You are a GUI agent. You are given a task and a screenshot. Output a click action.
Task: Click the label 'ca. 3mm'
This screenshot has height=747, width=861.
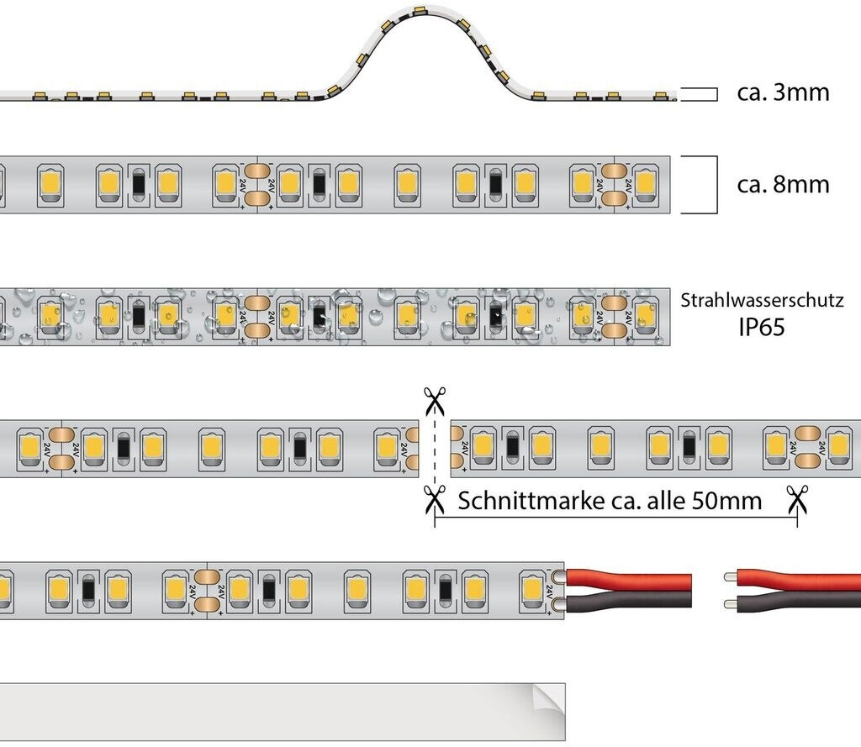pyautogui.click(x=783, y=92)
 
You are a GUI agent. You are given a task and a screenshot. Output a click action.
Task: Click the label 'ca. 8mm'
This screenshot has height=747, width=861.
pyautogui.click(x=783, y=184)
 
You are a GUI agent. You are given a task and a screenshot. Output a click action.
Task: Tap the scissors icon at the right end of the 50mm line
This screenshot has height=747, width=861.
pyautogui.click(x=796, y=502)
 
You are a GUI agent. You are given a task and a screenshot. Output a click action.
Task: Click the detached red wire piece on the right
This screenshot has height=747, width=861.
pyautogui.click(x=799, y=578)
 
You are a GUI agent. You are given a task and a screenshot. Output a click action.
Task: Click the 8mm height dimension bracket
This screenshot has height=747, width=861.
pyautogui.click(x=715, y=184)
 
